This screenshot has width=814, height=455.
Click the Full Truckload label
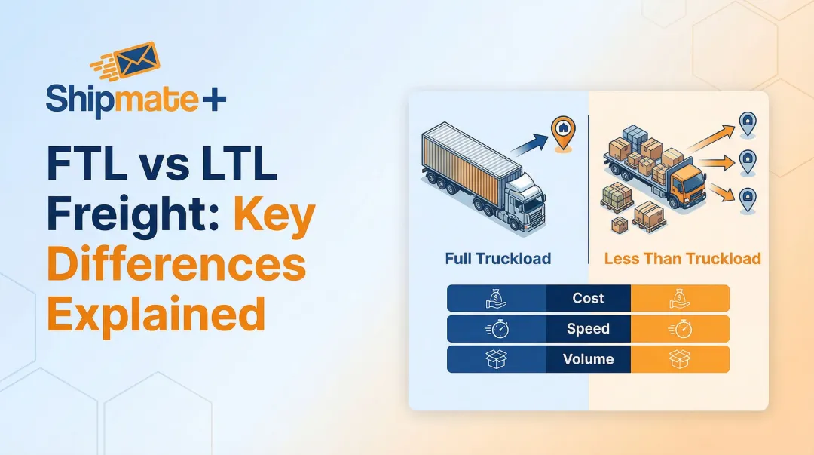pos(497,259)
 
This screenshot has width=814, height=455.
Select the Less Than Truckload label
pos(682,259)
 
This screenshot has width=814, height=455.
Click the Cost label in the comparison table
pos(588,298)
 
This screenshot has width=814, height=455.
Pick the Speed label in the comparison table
pos(588,329)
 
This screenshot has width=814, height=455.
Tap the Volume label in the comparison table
pos(588,359)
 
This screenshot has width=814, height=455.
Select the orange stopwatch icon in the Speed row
pos(680,329)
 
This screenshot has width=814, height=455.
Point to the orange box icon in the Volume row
pos(680,359)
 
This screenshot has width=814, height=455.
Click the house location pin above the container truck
pos(562,129)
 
